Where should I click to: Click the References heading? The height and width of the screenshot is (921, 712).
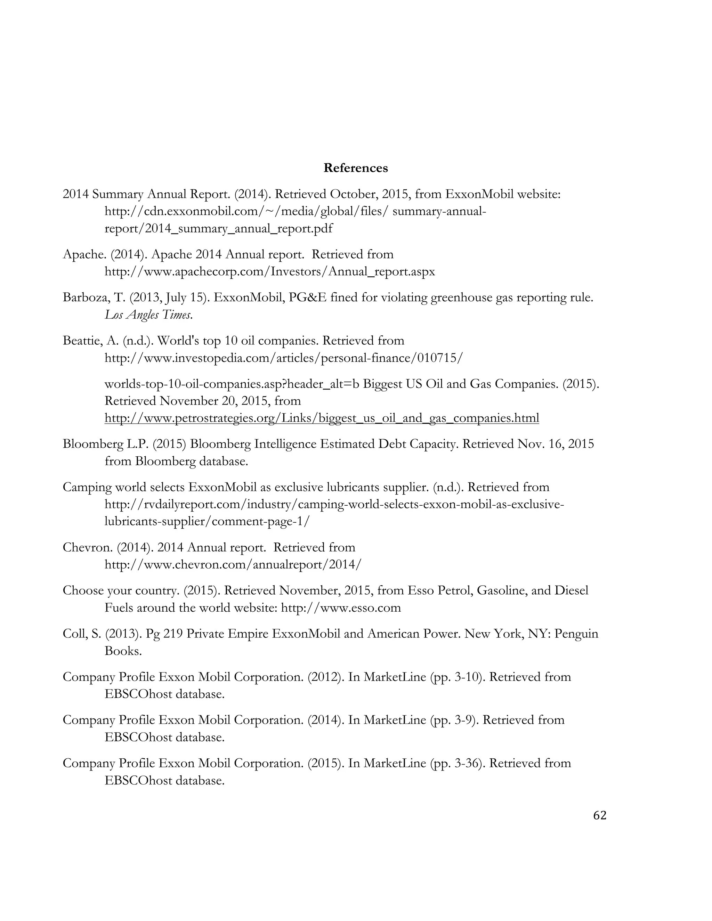tap(356, 168)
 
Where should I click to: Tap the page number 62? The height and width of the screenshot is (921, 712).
tap(599, 816)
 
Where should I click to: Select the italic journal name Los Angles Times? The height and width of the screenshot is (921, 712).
tap(148, 315)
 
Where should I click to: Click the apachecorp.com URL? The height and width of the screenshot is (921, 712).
tap(269, 271)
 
